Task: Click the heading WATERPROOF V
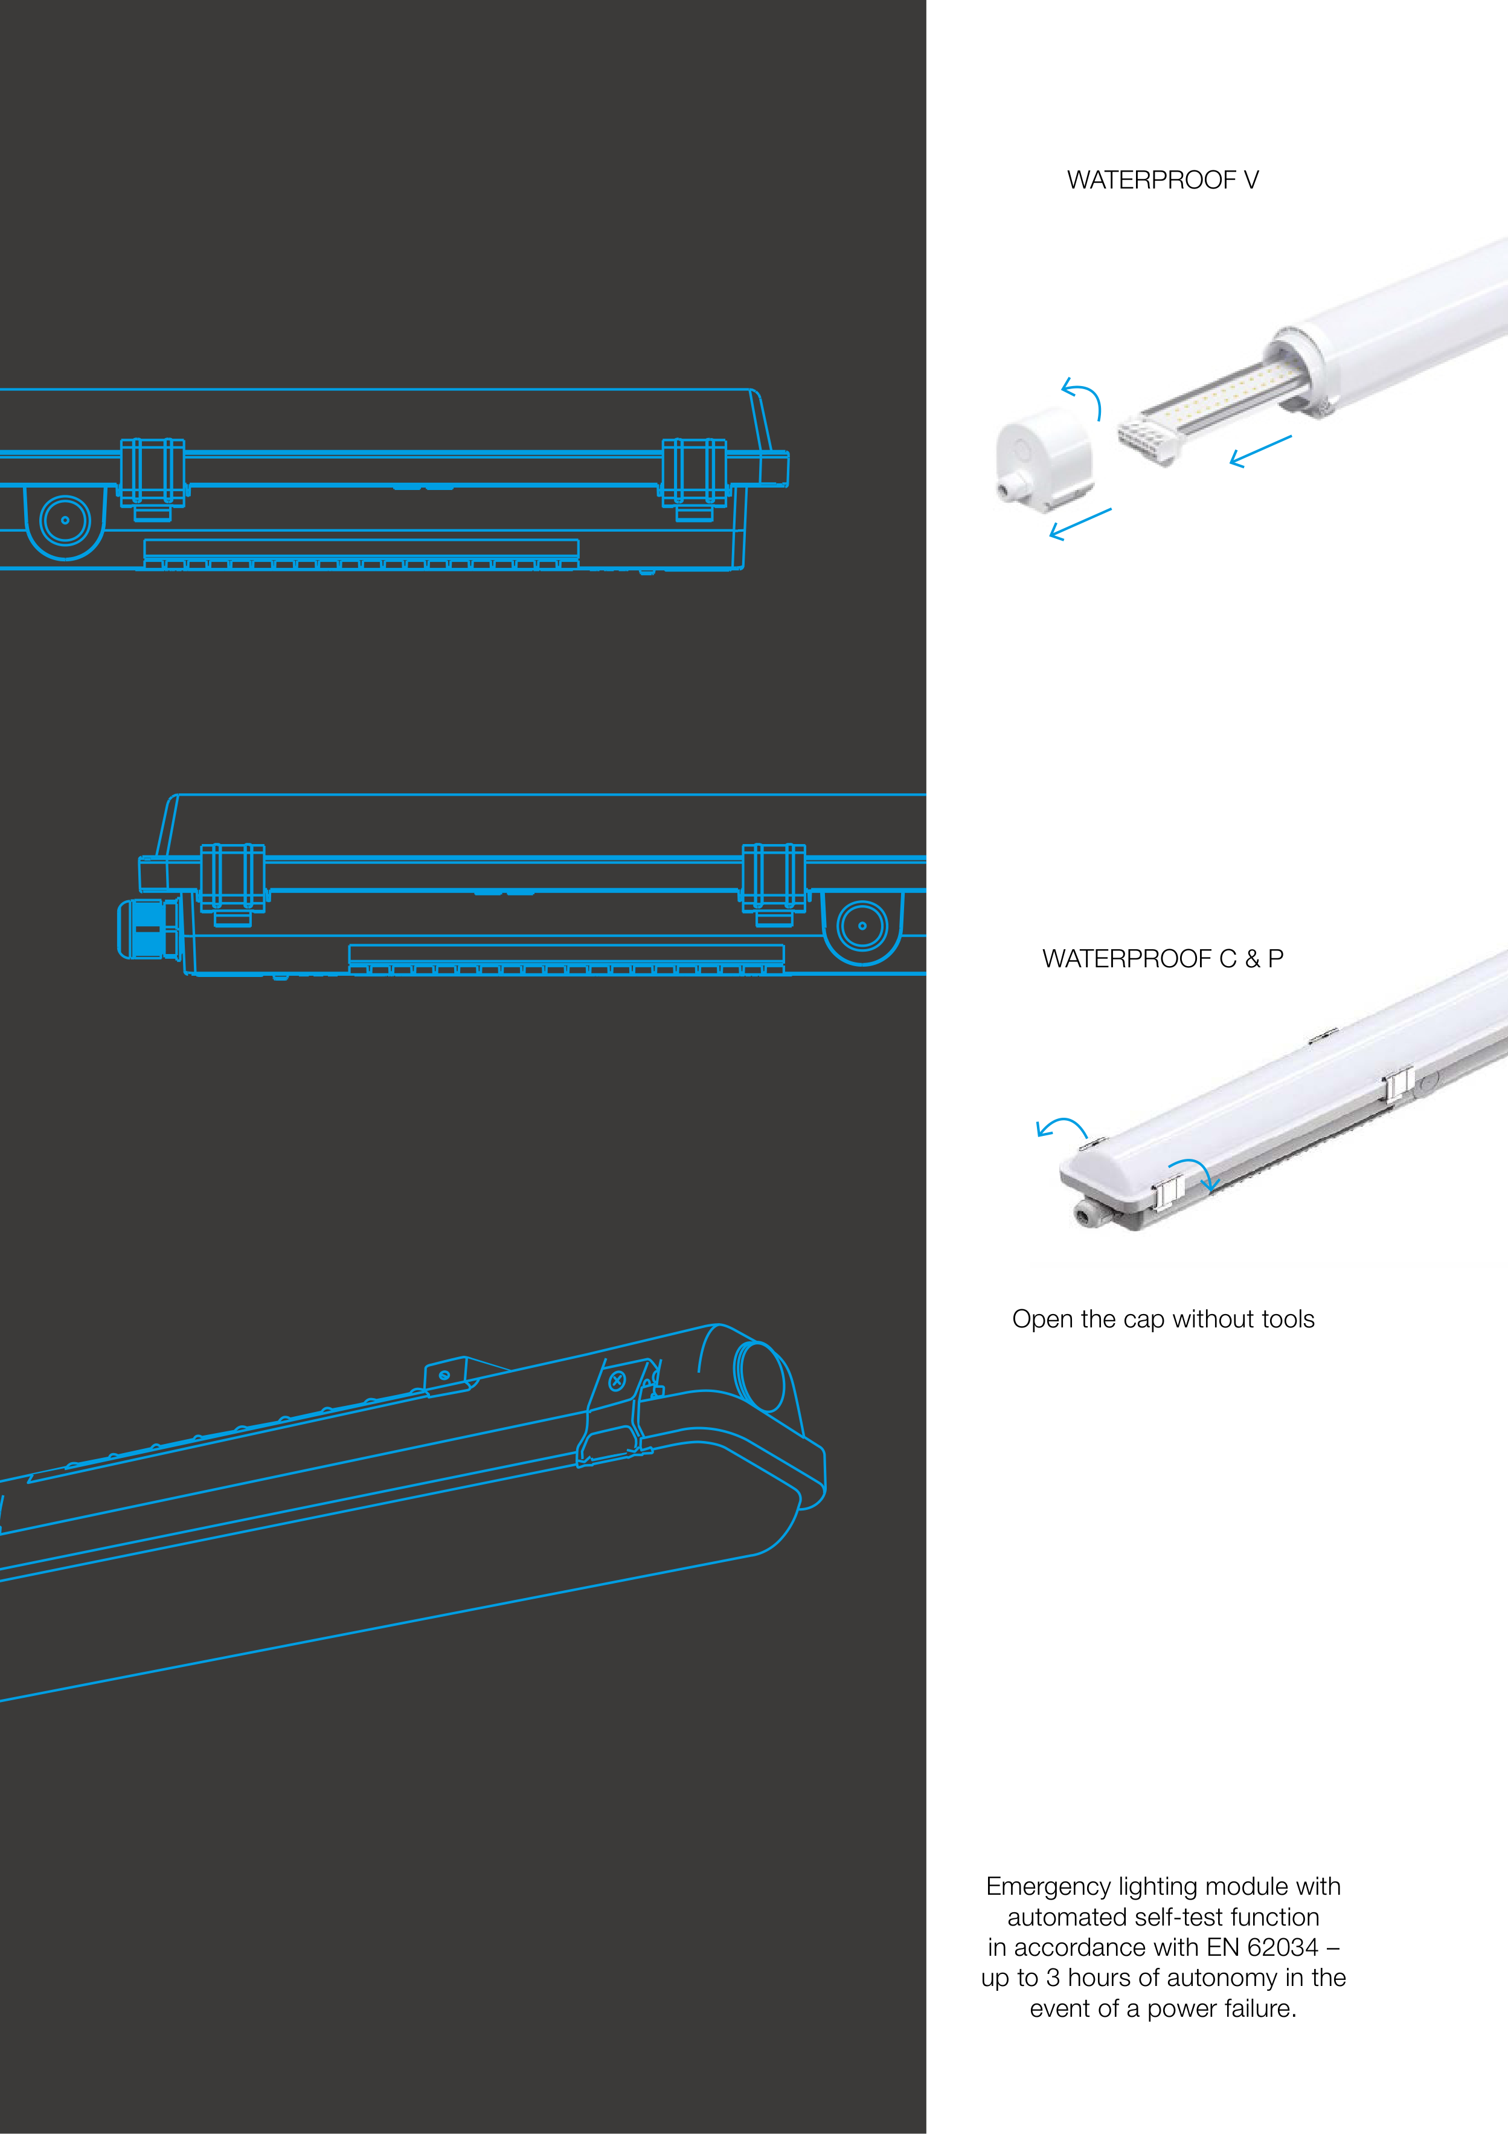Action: pos(1163,180)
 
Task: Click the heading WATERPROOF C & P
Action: pos(1163,959)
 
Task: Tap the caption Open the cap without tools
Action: pos(1163,1320)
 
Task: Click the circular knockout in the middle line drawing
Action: pos(862,926)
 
